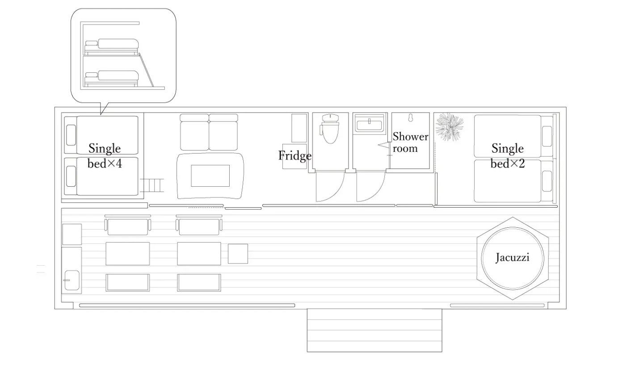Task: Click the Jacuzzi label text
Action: pos(513,257)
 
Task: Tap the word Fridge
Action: pos(294,156)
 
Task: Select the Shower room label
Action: pos(410,142)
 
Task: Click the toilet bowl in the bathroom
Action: pos(330,129)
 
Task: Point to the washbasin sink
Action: pos(369,123)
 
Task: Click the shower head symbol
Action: pos(410,117)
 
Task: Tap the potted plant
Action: pos(449,127)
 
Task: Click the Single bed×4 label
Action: pos(105,156)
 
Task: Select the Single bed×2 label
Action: pos(508,156)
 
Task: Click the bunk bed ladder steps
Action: pos(152,185)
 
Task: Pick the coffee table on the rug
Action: pos(210,176)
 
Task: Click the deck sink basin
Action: pos(72,280)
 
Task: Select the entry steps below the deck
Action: pos(374,330)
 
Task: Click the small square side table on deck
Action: pos(238,254)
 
